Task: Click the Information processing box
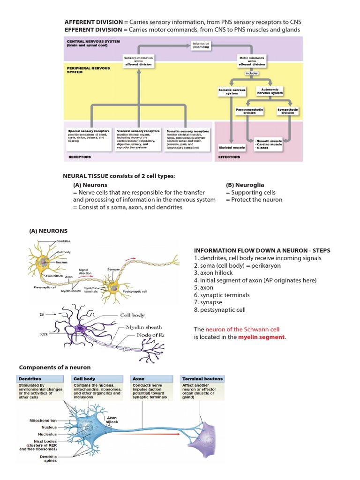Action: coord(201,45)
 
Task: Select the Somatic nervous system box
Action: coord(232,91)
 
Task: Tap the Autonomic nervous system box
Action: coord(270,91)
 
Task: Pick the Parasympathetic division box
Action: coord(249,111)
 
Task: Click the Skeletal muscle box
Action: coord(232,147)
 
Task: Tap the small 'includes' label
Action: coord(252,73)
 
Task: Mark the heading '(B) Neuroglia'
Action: coord(244,185)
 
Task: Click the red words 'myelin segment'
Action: coord(261,337)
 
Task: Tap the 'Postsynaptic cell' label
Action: coord(135,291)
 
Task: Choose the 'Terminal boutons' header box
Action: coord(202,378)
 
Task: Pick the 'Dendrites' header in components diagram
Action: coord(30,378)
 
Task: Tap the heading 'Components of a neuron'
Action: coord(54,367)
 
